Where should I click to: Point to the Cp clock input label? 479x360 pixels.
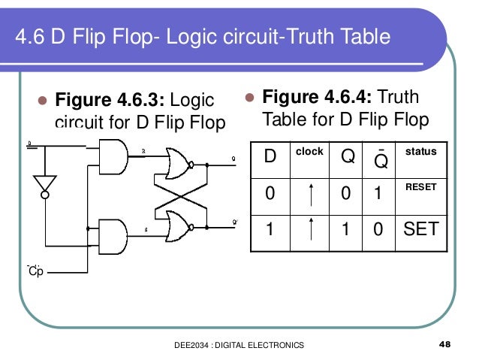(x=35, y=271)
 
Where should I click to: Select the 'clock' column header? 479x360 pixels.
(x=309, y=152)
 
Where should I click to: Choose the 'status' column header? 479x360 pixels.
(x=420, y=152)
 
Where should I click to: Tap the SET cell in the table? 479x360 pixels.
(x=420, y=229)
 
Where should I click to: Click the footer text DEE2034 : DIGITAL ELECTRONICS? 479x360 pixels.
(x=239, y=345)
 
